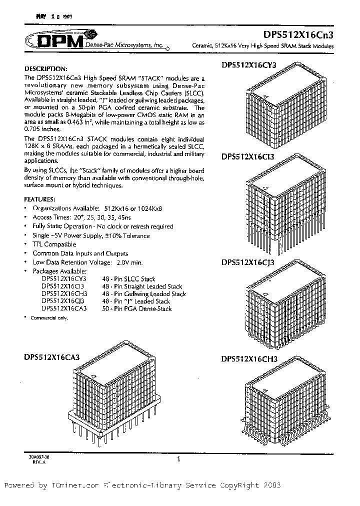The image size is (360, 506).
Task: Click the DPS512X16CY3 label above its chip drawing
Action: pyautogui.click(x=248, y=65)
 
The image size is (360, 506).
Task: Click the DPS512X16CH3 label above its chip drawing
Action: pyautogui.click(x=248, y=358)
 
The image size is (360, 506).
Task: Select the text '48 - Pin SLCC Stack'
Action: pyautogui.click(x=128, y=279)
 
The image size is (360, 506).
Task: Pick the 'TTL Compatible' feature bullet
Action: pyautogui.click(x=54, y=244)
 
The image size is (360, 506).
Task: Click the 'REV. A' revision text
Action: pyautogui.click(x=31, y=462)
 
